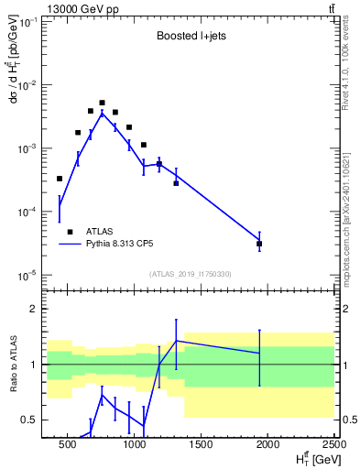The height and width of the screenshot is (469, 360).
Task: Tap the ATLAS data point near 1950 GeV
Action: (259, 244)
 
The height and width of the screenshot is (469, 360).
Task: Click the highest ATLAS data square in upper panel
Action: (103, 103)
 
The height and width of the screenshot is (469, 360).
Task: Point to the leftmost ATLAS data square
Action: (60, 179)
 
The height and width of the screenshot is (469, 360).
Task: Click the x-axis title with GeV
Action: (311, 458)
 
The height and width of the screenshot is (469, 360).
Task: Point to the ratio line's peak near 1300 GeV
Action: (176, 341)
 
